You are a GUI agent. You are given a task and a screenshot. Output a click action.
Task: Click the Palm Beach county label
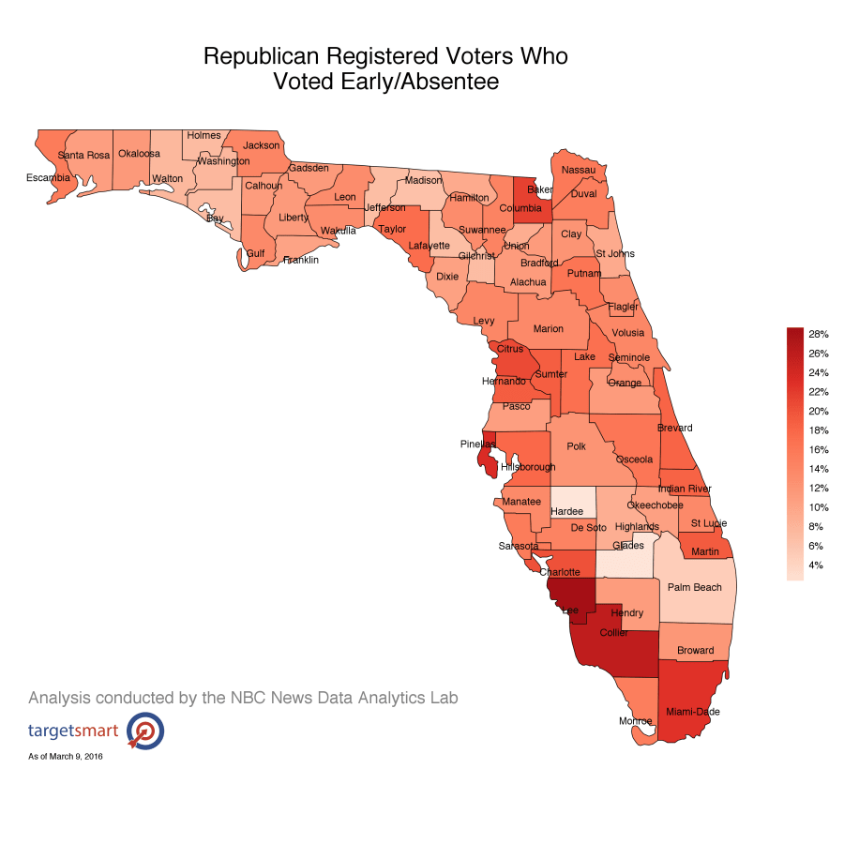tap(695, 588)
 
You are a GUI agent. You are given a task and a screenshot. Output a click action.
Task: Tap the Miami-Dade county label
tap(693, 713)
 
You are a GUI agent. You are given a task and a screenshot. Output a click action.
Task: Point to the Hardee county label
tap(566, 511)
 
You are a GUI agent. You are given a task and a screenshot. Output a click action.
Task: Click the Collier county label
tap(613, 633)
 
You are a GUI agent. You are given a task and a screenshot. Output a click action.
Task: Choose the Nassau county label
tap(579, 170)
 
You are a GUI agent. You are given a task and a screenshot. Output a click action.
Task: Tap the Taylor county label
tap(392, 229)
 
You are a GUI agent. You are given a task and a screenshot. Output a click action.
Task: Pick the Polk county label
tap(576, 447)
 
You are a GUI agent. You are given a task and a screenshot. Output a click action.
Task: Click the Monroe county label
tap(635, 721)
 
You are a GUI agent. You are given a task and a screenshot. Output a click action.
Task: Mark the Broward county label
tap(695, 651)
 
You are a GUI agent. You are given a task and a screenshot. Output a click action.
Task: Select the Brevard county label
tap(674, 429)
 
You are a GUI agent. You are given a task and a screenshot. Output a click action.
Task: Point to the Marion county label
tap(549, 329)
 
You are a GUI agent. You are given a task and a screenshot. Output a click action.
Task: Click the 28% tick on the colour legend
tap(818, 334)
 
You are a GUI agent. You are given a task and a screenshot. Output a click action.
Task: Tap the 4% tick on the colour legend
tap(817, 565)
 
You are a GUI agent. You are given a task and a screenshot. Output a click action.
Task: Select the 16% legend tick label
tap(818, 449)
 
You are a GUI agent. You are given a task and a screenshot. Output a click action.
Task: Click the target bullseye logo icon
tap(145, 731)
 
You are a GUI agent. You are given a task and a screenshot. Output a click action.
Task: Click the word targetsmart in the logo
tap(73, 731)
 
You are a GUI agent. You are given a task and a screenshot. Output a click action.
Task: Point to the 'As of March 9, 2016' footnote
tap(66, 756)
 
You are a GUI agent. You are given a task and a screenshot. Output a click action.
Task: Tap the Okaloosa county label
tap(139, 154)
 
